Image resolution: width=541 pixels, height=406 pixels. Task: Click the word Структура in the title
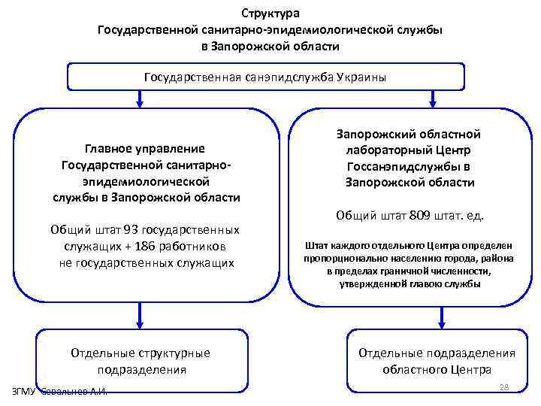tap(270, 14)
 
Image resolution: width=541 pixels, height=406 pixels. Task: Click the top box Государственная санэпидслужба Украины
tap(270, 77)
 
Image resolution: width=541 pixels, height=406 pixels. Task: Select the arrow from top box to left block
tap(138, 98)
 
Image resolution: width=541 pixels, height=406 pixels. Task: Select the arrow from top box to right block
tap(432, 98)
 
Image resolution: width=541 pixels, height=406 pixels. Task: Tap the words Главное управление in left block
tap(146, 148)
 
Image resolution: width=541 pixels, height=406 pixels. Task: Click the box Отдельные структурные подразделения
tap(140, 361)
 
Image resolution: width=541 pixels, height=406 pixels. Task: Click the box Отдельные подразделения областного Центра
tap(437, 361)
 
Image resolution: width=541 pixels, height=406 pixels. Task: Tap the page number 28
tap(504, 387)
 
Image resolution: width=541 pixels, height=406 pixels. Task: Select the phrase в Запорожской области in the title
tap(270, 47)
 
